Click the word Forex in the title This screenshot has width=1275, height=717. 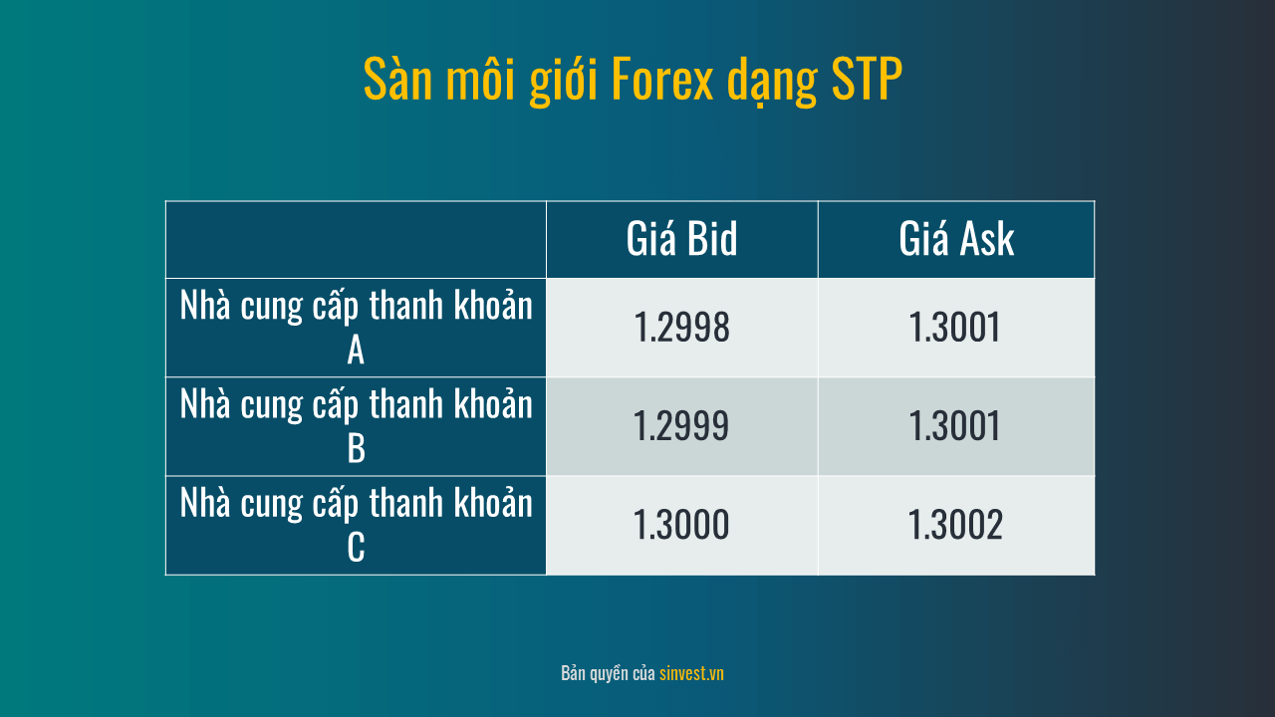tap(662, 79)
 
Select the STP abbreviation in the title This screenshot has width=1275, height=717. tap(867, 79)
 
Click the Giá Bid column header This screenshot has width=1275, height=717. tap(681, 238)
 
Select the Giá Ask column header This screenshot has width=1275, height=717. tap(956, 238)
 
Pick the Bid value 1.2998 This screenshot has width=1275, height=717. tap(681, 328)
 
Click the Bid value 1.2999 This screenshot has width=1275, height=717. tap(680, 425)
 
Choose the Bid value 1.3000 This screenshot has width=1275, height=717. tap(680, 524)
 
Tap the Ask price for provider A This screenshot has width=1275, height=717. tap(954, 328)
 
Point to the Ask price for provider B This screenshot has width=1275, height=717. tap(954, 425)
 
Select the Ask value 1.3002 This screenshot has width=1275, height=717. tap(955, 524)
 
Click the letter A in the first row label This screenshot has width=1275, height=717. tap(356, 350)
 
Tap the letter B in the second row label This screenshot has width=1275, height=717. tap(356, 448)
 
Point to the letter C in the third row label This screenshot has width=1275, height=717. tap(356, 548)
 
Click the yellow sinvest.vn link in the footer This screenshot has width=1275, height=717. tap(691, 674)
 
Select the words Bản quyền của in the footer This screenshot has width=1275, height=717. tap(608, 674)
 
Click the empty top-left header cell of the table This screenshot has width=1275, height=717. tap(356, 240)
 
